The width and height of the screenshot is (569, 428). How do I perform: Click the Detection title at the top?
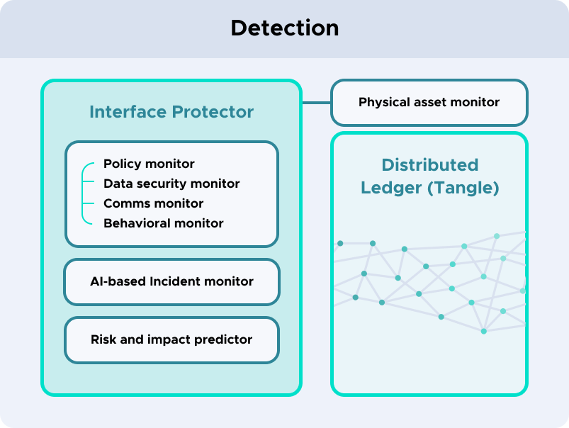click(x=285, y=28)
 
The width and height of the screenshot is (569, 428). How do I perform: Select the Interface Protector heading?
click(x=171, y=112)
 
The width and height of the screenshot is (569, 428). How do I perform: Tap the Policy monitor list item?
click(x=149, y=164)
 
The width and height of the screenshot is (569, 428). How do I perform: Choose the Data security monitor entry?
click(x=171, y=184)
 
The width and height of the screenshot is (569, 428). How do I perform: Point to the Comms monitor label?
click(x=153, y=203)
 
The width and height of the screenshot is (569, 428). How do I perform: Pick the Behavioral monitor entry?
click(x=163, y=223)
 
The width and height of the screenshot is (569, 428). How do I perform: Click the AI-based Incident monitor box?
click(x=171, y=282)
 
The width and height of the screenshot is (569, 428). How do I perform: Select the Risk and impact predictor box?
click(x=171, y=340)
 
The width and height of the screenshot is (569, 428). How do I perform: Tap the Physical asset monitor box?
click(x=429, y=103)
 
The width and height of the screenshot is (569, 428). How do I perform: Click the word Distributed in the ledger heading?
click(x=430, y=165)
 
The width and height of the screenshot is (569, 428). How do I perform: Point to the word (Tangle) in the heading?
click(x=463, y=188)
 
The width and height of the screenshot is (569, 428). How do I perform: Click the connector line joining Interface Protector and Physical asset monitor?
click(x=317, y=103)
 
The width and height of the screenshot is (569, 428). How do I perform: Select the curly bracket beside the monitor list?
click(x=83, y=193)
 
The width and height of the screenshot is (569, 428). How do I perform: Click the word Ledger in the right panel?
click(x=391, y=188)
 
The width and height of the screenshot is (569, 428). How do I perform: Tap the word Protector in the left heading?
click(x=213, y=112)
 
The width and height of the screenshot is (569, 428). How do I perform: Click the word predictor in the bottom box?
click(x=222, y=340)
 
